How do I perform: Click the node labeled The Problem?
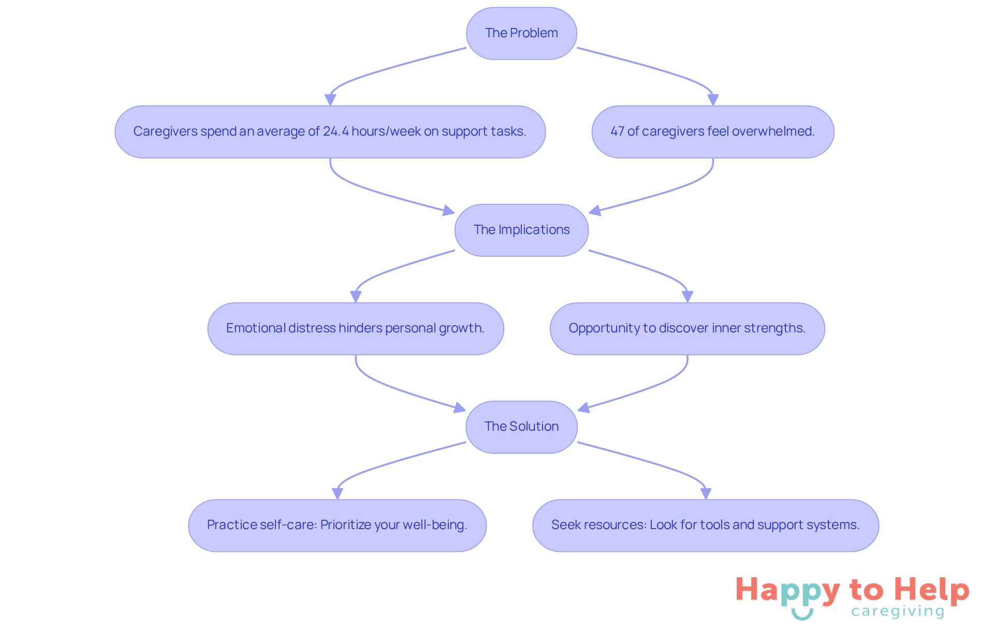tap(521, 33)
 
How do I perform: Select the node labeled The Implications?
tap(521, 230)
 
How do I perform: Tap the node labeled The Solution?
tap(521, 427)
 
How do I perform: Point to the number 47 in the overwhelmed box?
tap(617, 131)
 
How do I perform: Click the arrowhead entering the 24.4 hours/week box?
tap(330, 100)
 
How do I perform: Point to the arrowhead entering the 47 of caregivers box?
tap(713, 100)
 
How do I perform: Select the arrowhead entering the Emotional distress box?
tap(356, 297)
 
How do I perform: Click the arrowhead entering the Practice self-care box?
tap(338, 493)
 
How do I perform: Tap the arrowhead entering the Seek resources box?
tap(706, 493)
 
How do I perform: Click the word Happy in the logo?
tap(788, 591)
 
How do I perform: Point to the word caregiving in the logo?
tap(898, 611)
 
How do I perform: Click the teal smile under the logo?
tap(802, 615)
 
